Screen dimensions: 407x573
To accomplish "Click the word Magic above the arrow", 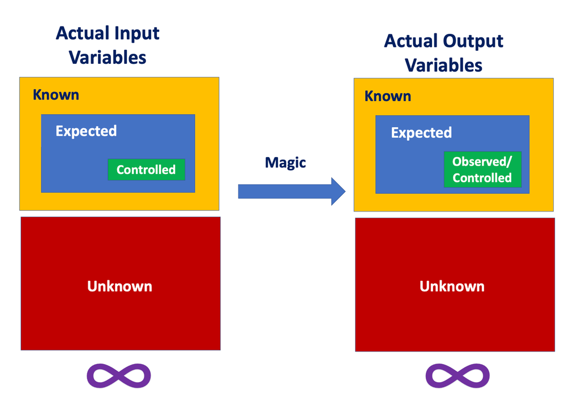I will pos(285,163).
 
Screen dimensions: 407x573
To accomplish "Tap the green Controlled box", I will pos(146,170).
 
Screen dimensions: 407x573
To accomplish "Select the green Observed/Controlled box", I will pos(482,170).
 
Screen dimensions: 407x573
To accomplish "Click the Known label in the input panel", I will pos(55,94).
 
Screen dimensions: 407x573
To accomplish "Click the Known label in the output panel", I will pos(388,96).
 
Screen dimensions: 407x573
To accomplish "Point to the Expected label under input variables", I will pos(86,131).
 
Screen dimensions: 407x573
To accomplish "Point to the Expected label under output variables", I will pos(421,133).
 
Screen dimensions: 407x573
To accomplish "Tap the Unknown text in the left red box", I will pos(119,286).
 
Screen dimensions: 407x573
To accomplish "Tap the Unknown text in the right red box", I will pos(452,286).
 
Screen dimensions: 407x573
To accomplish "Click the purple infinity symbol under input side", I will pos(119,375).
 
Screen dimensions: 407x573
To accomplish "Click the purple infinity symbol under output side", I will pos(457,376).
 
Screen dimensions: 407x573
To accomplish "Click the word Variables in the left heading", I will pos(108,57).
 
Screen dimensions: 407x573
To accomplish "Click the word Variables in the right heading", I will pos(444,65).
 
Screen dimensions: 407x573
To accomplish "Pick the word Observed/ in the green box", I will pos(482,162).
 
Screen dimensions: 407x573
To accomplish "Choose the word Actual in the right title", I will pos(410,41).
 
